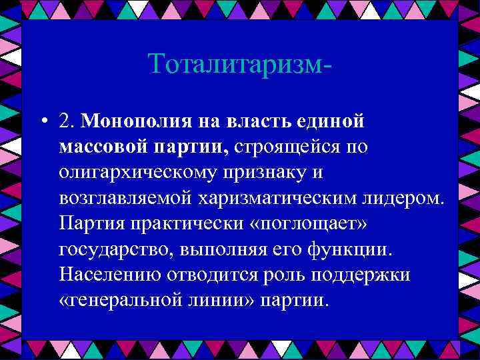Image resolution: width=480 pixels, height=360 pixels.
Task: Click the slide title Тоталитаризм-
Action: coord(240,64)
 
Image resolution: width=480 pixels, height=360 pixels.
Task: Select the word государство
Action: coord(110,249)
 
